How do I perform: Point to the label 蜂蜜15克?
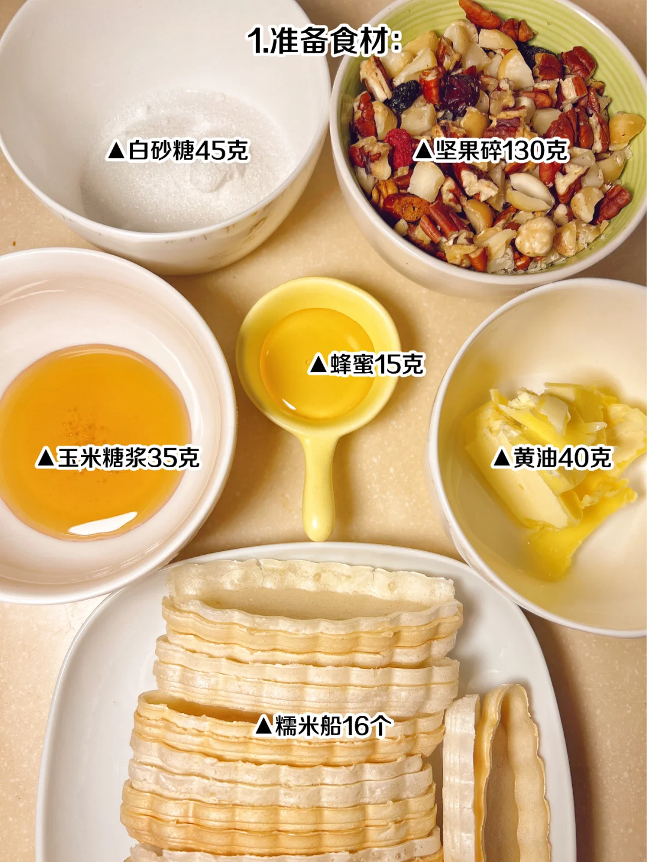coord(366,364)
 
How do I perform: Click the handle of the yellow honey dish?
coord(318,482)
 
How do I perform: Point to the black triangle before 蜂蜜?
coord(318,364)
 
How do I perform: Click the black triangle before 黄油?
coord(501,458)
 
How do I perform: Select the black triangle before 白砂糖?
coord(117,151)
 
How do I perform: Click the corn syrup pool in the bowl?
coord(94,442)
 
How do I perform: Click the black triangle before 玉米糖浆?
coord(45,458)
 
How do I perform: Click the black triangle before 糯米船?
coord(264,725)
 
